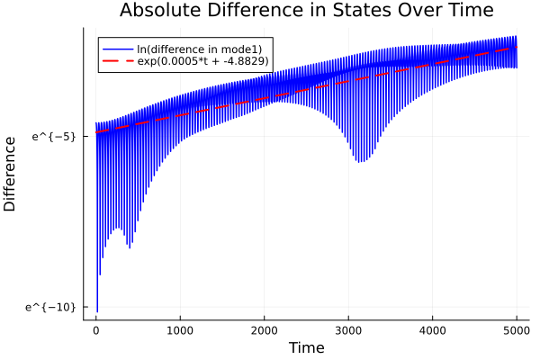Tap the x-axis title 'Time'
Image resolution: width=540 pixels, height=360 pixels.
click(306, 347)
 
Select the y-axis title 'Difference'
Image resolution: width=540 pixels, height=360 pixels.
click(11, 174)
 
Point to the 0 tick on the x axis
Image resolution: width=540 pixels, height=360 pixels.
click(96, 329)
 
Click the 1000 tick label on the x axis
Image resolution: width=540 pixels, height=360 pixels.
click(180, 329)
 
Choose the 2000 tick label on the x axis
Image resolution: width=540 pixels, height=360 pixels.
click(265, 329)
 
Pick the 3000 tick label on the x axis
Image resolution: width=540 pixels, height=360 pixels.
click(348, 329)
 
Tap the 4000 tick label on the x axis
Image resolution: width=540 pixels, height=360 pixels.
click(433, 329)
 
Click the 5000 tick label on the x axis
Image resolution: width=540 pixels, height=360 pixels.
click(517, 329)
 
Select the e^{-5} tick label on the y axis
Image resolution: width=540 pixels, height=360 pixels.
click(54, 137)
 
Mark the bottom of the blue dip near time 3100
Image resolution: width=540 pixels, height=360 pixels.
click(359, 162)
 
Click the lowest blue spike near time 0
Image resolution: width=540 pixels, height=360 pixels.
click(97, 311)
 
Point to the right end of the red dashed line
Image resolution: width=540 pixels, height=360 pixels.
click(517, 48)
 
